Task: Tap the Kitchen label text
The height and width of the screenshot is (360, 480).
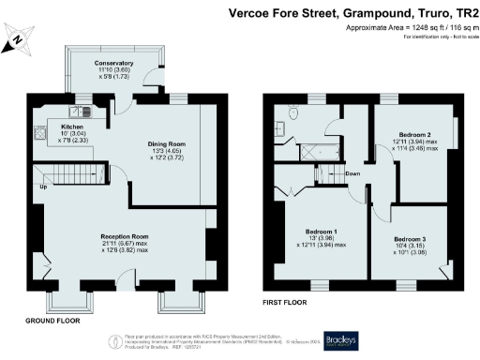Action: [73, 126]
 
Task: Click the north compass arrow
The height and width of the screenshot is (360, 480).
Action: [21, 40]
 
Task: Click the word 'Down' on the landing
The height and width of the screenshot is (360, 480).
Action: [352, 174]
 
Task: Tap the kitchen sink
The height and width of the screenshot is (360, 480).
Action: [83, 109]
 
